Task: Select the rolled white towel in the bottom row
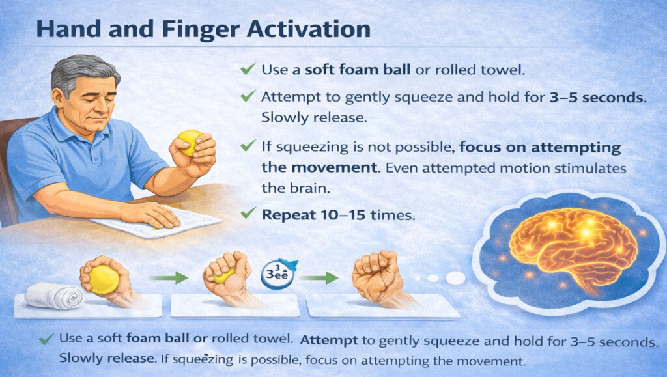(53, 297)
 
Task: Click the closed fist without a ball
(376, 277)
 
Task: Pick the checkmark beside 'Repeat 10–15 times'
(248, 212)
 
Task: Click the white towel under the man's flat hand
(156, 222)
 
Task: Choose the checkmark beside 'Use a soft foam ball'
(248, 68)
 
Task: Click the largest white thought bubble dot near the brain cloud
(455, 277)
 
